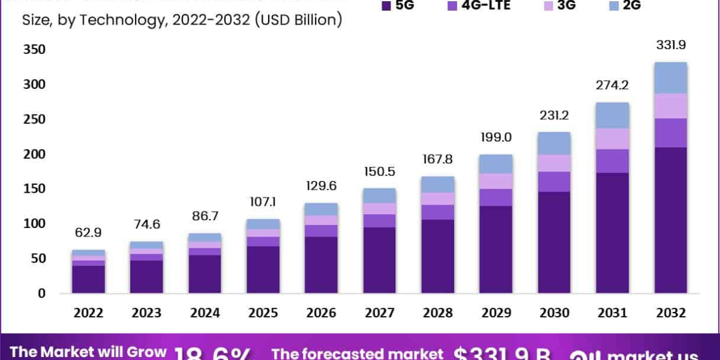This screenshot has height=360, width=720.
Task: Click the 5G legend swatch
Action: (386, 6)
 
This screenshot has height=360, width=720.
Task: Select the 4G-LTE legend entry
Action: (480, 6)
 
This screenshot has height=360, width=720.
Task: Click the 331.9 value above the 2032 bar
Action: (670, 45)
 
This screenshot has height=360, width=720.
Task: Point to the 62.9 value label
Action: (88, 232)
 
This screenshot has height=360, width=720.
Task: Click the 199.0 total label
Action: (496, 137)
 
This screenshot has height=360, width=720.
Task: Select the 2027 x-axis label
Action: (379, 313)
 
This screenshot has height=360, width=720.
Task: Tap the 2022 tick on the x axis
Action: (88, 313)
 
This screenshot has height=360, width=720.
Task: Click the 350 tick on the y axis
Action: (34, 50)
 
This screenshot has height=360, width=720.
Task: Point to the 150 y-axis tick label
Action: (34, 189)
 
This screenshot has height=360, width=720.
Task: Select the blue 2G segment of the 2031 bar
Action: (612, 115)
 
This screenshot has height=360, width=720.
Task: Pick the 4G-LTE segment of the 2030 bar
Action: (554, 181)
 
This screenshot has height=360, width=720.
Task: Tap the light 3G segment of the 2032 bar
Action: (670, 106)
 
